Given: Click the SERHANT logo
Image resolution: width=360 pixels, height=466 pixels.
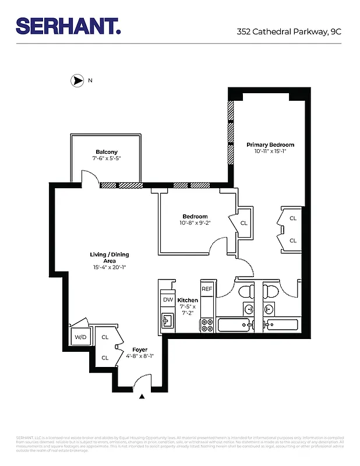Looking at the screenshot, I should (x=68, y=26).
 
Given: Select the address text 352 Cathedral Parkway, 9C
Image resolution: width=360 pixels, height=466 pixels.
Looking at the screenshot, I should (x=289, y=31).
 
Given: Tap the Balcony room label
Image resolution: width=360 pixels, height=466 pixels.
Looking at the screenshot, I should (x=107, y=152).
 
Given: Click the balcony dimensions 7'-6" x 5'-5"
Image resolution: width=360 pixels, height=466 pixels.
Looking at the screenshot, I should (x=107, y=158).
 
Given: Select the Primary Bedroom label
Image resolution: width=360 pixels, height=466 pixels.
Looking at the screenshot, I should (x=270, y=144).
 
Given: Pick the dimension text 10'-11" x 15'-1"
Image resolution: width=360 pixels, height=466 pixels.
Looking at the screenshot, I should (x=270, y=151).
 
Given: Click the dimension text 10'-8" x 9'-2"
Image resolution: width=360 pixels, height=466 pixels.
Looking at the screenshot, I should (x=195, y=223).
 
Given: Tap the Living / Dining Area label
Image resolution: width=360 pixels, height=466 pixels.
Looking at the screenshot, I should (x=110, y=257).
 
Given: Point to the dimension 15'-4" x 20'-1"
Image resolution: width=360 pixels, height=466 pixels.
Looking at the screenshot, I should (x=110, y=267).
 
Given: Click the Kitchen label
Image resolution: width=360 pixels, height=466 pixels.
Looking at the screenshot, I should (x=188, y=300).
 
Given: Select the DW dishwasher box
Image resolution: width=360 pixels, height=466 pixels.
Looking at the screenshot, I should (x=168, y=299).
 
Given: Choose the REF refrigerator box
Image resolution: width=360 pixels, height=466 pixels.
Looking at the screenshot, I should (x=207, y=289).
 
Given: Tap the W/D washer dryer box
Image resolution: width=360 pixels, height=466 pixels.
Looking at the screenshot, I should (x=79, y=337).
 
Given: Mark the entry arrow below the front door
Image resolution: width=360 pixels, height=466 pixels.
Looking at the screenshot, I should (x=142, y=397).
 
